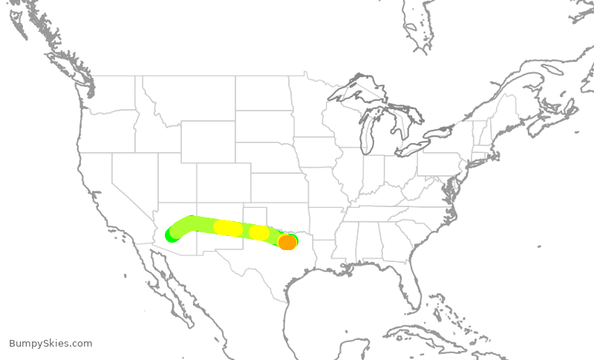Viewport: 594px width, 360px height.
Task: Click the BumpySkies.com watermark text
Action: click(x=50, y=343)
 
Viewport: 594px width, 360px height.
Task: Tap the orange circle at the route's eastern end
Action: click(x=287, y=243)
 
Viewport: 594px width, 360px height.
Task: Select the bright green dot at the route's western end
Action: click(x=172, y=235)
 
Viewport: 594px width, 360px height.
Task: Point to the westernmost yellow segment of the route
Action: click(x=227, y=228)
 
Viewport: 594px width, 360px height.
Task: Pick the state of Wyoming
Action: click(x=207, y=142)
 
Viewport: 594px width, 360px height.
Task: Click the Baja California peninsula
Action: click(x=169, y=286)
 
